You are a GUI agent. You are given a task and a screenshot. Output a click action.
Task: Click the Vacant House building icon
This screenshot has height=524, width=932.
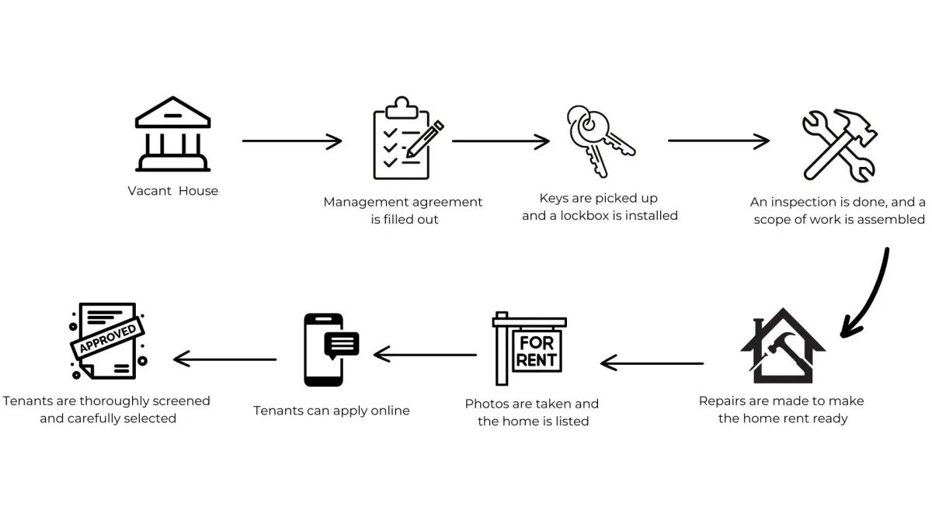pos(172,134)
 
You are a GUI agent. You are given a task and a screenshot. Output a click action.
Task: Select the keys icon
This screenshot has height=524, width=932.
pos(599,140)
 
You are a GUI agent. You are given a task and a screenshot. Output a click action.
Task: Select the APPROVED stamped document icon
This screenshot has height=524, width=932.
pos(109,341)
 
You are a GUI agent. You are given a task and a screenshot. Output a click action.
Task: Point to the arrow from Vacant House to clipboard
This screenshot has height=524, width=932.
pos(292,141)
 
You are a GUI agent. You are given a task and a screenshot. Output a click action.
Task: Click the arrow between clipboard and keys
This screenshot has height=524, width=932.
pos(501,141)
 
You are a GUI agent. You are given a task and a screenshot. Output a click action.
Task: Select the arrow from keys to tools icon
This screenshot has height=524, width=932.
pos(718,141)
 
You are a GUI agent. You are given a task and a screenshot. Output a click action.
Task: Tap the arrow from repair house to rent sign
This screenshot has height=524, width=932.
pos(652,363)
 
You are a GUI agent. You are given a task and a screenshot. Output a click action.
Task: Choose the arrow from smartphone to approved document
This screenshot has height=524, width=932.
pos(224,359)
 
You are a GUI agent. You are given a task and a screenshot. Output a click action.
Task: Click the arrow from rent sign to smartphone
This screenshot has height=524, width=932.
pos(425,355)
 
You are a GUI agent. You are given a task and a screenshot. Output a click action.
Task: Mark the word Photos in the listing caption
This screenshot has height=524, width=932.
pos(486,404)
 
